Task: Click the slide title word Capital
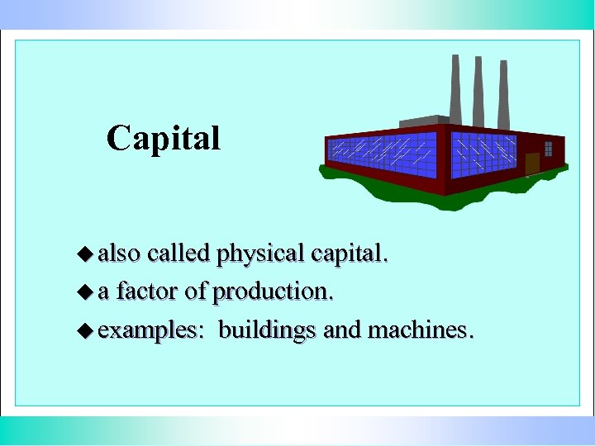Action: pos(164,138)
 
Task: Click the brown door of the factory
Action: pos(532,164)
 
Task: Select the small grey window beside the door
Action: pos(548,149)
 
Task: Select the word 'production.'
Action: pos(274,292)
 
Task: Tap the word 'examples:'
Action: pos(151,331)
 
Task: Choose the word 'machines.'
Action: pos(421,330)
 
